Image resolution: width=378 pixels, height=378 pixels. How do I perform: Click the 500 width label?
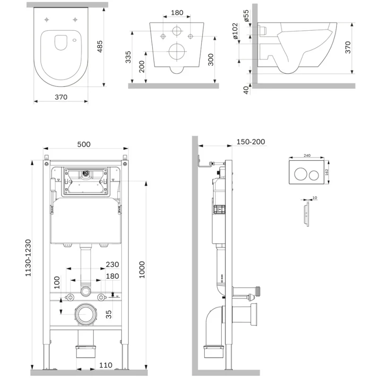point(84,145)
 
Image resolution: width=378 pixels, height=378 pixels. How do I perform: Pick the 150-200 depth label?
point(250,142)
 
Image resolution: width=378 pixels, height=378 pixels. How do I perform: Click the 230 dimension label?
point(112,265)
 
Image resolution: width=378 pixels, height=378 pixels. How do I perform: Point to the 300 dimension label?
point(211,59)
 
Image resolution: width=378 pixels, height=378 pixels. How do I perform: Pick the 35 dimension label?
point(109,314)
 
